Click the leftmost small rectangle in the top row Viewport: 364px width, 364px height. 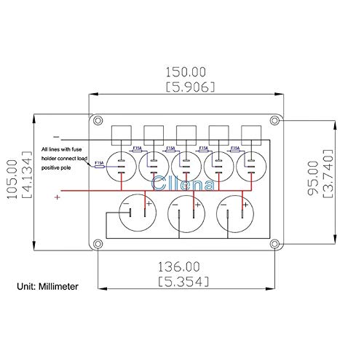click(x=120, y=133)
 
